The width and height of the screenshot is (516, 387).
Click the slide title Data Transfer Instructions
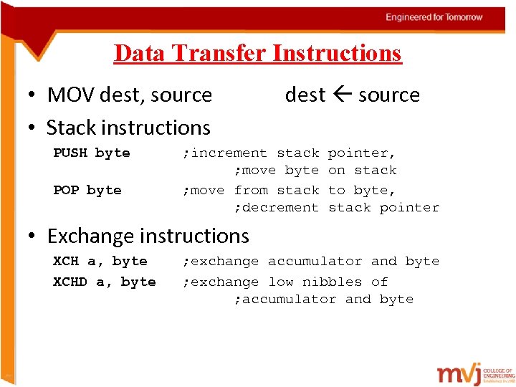(x=257, y=53)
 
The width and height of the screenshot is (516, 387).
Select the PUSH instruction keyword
(x=70, y=153)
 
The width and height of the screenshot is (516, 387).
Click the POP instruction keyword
(x=66, y=190)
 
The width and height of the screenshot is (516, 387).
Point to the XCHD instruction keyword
(x=70, y=282)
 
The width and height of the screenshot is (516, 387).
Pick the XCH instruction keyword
(x=66, y=261)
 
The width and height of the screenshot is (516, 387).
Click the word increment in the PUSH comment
(x=229, y=153)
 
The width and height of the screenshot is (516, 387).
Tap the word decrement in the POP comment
(x=280, y=207)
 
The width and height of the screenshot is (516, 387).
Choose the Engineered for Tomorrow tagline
(x=434, y=17)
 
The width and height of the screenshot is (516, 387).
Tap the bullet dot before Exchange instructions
(x=33, y=236)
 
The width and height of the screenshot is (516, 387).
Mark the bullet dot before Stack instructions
(x=33, y=128)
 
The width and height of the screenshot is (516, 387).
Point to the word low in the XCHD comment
(x=281, y=282)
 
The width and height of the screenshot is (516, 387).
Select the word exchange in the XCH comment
(x=224, y=261)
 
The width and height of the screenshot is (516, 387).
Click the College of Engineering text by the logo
(x=499, y=373)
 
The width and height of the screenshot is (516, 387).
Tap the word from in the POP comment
(x=251, y=190)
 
